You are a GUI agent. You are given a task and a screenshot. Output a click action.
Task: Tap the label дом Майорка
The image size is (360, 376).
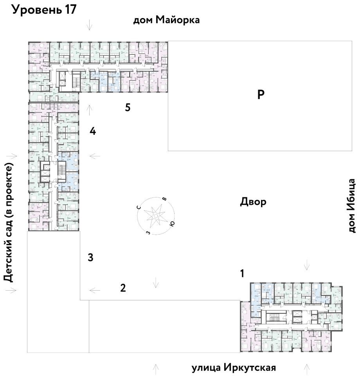(167, 20)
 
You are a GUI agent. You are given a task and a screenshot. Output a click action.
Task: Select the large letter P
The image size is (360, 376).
(261, 95)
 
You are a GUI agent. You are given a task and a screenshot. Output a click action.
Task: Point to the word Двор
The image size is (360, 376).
(253, 202)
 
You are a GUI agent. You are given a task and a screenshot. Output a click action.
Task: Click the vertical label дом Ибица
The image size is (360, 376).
(352, 206)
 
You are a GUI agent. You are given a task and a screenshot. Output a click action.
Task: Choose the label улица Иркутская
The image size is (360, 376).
(234, 368)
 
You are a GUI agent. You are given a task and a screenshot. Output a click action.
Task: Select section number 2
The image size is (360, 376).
(123, 289)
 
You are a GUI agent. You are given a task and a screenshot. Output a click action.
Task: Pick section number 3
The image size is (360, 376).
(90, 258)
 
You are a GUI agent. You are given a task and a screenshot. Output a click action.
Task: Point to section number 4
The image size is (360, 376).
(92, 131)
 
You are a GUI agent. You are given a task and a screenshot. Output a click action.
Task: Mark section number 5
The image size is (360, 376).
(128, 108)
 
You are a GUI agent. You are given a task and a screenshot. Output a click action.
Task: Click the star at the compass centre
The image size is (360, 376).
(155, 215)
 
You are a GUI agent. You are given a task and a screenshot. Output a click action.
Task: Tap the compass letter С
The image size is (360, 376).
(139, 207)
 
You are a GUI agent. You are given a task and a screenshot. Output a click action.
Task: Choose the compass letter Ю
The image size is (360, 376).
(172, 224)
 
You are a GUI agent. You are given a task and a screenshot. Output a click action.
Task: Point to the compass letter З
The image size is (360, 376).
(148, 232)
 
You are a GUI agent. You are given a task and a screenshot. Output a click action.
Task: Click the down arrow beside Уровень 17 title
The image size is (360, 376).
(90, 25)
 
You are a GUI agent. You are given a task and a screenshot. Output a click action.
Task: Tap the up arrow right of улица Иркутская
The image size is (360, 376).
(306, 368)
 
